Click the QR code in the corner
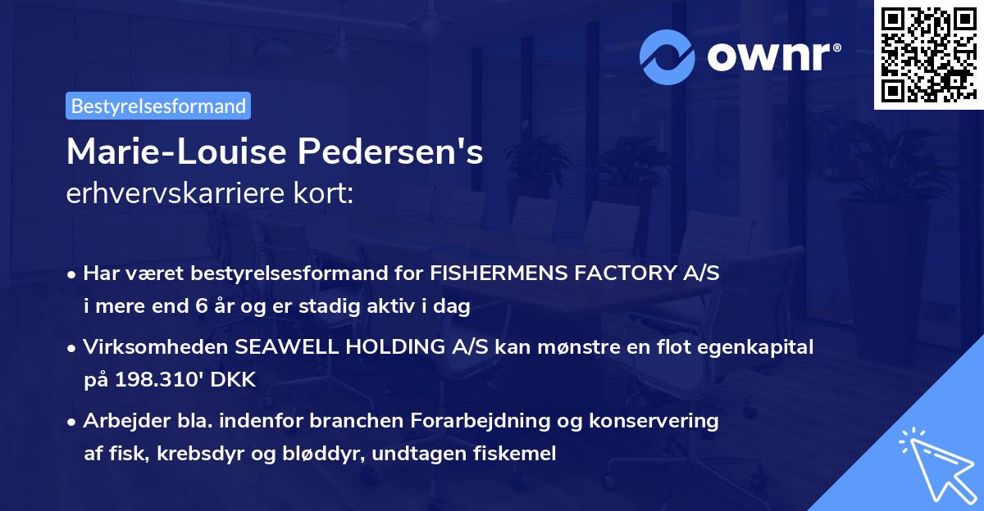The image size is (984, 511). (x=927, y=54)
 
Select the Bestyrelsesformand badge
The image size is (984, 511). (x=158, y=106)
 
